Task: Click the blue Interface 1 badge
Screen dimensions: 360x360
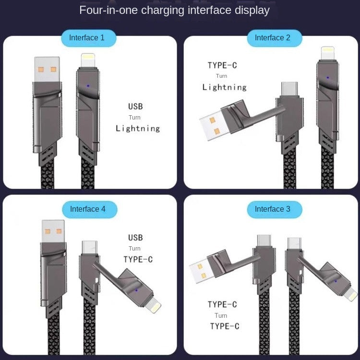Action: click(x=86, y=38)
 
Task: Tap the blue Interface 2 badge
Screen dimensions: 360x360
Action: click(x=273, y=38)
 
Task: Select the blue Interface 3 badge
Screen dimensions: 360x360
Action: click(x=273, y=209)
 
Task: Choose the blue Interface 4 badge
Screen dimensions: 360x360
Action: click(x=88, y=209)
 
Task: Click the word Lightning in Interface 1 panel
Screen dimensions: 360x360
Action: click(x=138, y=128)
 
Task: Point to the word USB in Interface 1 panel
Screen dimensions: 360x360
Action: click(x=135, y=107)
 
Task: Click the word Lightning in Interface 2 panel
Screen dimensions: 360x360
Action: click(x=224, y=87)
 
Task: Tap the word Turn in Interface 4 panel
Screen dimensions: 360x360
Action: click(x=134, y=249)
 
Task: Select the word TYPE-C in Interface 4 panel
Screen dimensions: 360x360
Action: click(x=138, y=260)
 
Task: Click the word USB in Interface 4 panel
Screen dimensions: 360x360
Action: click(x=135, y=238)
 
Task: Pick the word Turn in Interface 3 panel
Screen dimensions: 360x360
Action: click(x=221, y=315)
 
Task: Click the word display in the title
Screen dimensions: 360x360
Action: click(x=253, y=10)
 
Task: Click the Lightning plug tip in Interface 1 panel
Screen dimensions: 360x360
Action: click(x=88, y=61)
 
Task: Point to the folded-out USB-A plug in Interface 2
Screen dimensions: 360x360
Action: click(x=213, y=125)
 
